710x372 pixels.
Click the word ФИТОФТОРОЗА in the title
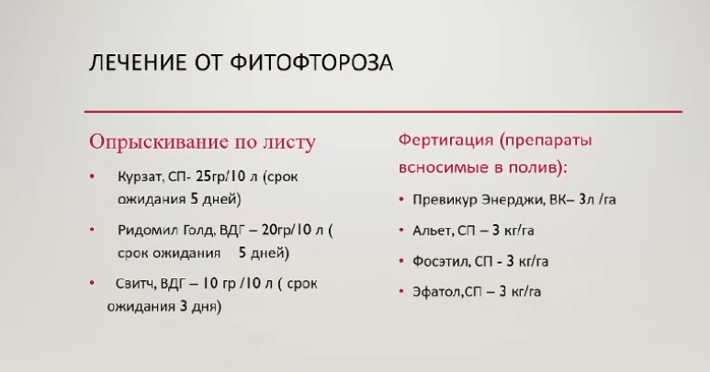311,62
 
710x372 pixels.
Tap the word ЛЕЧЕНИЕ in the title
138,62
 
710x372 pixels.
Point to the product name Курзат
140,176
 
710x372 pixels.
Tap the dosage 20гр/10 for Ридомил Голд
287,230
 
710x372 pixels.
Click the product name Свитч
136,284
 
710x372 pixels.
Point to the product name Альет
432,231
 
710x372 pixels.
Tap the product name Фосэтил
441,261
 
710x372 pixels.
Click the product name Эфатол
437,291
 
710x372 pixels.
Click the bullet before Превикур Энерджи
401,199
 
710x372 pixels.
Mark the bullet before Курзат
93,176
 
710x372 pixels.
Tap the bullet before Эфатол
401,291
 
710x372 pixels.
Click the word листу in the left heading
289,142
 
